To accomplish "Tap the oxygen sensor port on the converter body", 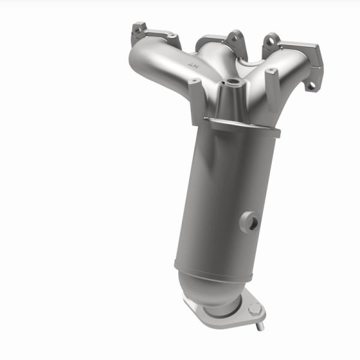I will click(251, 223).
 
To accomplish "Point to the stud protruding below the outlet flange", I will click(261, 326).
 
